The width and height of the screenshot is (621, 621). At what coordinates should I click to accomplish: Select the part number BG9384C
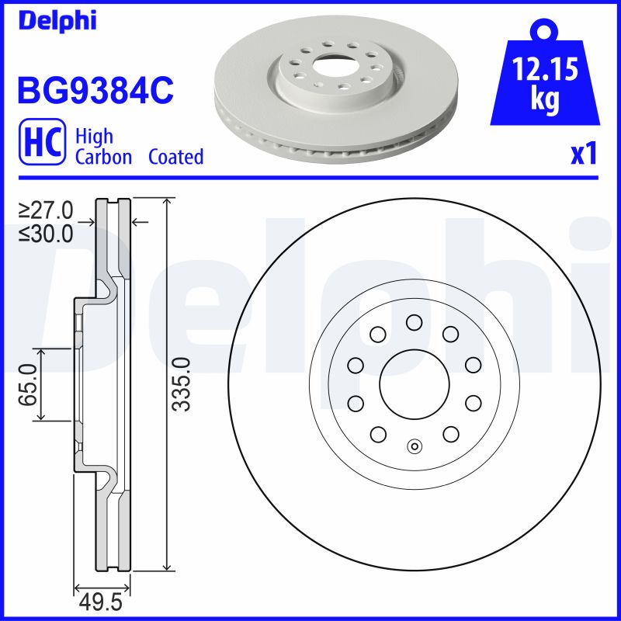(95, 91)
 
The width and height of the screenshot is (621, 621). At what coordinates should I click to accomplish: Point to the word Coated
(175, 157)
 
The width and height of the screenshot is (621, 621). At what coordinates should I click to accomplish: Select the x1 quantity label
(583, 155)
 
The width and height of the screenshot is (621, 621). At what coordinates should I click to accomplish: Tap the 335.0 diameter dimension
(180, 384)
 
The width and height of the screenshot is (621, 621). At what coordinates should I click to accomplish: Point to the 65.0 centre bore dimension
(29, 384)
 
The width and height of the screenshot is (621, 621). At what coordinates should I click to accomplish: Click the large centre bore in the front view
(414, 384)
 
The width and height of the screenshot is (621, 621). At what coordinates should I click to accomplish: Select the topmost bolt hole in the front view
(414, 321)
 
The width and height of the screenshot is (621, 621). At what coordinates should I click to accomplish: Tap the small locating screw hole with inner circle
(414, 446)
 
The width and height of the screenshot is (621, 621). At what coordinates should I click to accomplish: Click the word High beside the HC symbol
(94, 137)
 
